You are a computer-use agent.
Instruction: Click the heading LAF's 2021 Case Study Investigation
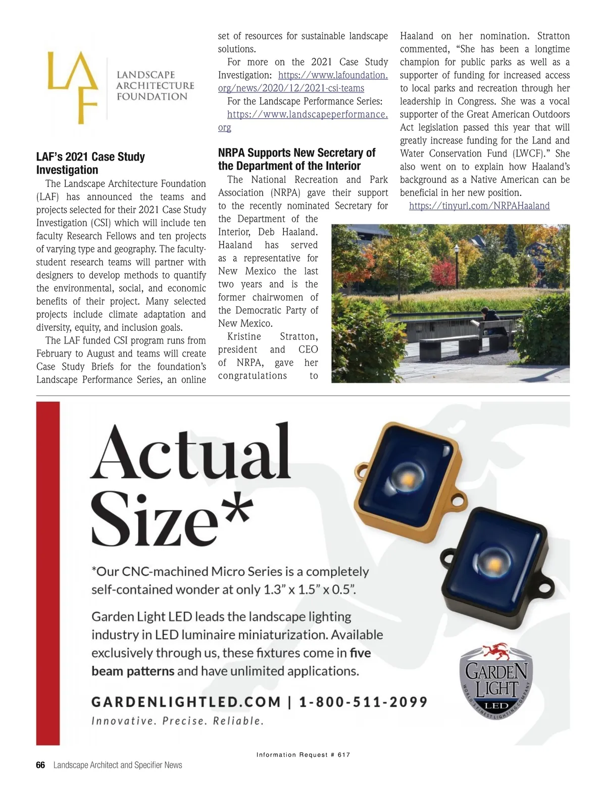pos(90,163)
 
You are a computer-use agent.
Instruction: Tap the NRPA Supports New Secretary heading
pos(296,159)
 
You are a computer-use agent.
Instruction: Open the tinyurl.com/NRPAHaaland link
pos(479,206)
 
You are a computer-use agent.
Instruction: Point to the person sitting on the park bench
pos(488,323)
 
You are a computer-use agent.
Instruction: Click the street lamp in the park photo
pos(457,258)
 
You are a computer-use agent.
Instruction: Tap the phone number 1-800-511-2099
pos(363,702)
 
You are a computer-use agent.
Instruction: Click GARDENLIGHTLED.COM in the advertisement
pos(186,702)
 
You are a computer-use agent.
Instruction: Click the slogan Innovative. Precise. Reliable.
pos(178,721)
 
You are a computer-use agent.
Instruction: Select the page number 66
pos(40,765)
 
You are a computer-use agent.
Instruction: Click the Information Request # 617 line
pos(303,755)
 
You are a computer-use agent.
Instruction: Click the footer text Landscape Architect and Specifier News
pos(118,765)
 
